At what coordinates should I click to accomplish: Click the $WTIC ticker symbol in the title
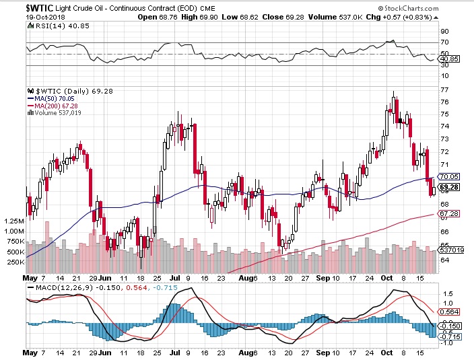pyautogui.click(x=22, y=6)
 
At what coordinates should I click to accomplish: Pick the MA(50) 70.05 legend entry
pyautogui.click(x=53, y=98)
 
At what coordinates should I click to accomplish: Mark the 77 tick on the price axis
pyautogui.click(x=444, y=89)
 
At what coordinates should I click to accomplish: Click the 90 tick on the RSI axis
pyautogui.click(x=444, y=31)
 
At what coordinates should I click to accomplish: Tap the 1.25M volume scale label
pyautogui.click(x=13, y=221)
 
